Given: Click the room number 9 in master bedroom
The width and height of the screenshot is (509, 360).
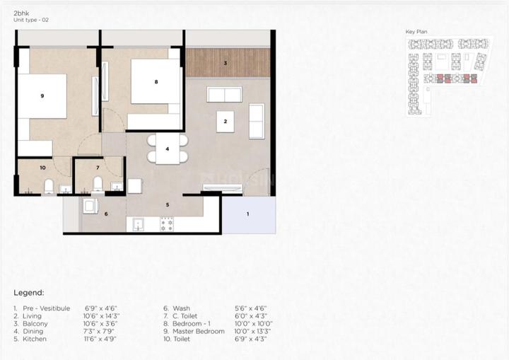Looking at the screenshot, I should (42, 95).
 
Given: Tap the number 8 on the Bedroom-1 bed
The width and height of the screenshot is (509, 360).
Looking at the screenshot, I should (156, 82).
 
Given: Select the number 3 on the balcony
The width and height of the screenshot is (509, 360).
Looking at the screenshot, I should (225, 64).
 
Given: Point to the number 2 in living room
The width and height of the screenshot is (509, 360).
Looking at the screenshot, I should (225, 122).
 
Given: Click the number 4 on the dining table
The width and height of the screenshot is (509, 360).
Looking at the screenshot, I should (168, 149).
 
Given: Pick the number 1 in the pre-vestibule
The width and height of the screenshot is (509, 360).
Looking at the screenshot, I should (247, 214).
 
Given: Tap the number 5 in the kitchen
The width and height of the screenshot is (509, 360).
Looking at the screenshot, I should (168, 205).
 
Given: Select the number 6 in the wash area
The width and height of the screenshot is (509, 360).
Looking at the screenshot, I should (106, 214).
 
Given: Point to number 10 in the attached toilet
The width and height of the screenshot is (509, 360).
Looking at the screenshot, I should (42, 168).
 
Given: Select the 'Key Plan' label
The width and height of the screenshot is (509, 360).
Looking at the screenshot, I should (416, 32).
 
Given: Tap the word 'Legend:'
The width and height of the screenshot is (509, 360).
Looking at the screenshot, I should (29, 292).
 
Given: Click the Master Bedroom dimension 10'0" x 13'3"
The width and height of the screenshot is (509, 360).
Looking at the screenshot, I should (254, 331).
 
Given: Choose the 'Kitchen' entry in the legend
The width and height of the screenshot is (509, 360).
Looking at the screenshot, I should (35, 339).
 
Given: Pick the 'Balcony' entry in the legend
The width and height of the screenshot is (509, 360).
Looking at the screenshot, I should (35, 323).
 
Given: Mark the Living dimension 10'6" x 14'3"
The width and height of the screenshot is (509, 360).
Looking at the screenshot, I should (103, 315).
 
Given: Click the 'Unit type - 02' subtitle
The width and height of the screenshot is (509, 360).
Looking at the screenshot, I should (30, 21).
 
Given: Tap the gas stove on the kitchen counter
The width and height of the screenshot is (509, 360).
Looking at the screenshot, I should (167, 225).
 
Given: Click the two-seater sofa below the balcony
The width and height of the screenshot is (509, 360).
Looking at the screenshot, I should (223, 95).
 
